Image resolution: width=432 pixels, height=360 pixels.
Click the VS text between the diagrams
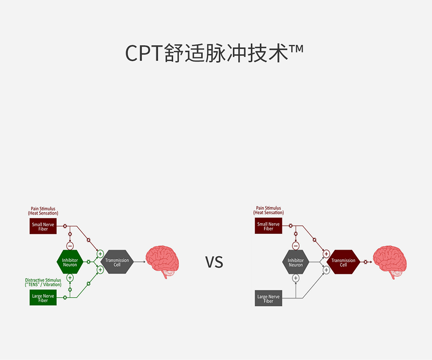pos(214,262)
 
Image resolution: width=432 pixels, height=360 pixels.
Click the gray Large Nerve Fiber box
pos(268,299)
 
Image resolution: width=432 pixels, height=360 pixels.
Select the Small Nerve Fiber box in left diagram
pos(43,227)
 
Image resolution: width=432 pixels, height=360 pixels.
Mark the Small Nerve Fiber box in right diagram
pos(268,227)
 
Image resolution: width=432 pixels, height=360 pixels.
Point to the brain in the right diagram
pos(390,261)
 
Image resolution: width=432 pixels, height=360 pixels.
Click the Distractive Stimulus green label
pos(43,283)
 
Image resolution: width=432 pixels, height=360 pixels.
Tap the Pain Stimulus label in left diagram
pos(43,211)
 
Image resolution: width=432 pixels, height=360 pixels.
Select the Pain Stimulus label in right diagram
pos(268,211)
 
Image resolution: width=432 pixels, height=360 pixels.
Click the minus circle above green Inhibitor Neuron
pos(70,246)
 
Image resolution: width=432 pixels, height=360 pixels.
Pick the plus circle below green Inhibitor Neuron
pos(70,278)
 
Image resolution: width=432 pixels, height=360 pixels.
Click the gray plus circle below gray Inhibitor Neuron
pos(296,278)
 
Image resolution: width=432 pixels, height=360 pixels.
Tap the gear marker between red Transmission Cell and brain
pos(365,262)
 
